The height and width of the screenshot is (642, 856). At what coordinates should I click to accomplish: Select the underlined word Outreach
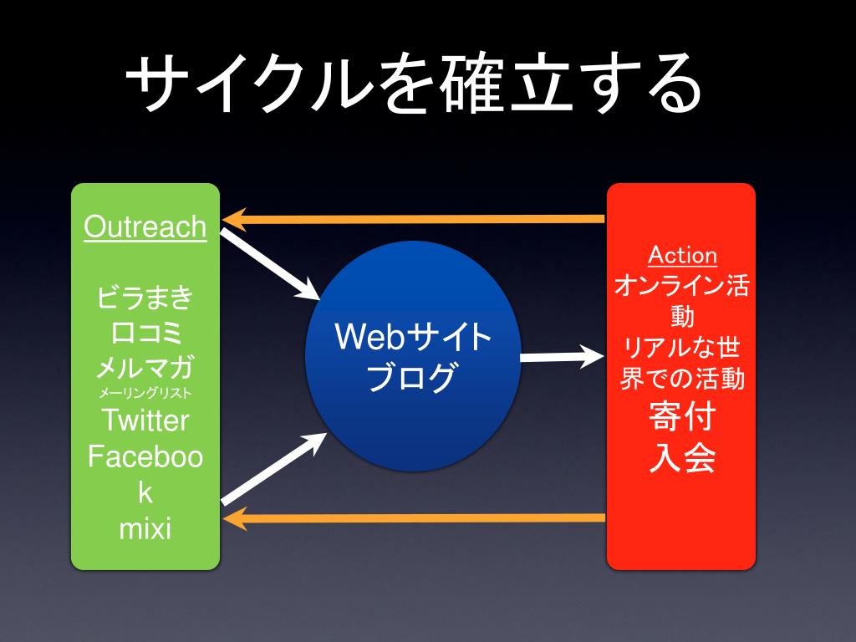[x=145, y=227]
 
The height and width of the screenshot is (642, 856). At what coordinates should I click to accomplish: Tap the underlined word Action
[x=682, y=255]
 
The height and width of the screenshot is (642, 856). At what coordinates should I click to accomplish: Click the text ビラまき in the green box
[x=145, y=297]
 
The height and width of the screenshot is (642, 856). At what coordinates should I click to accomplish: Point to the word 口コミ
[x=145, y=332]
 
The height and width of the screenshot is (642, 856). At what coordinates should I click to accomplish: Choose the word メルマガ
[x=145, y=367]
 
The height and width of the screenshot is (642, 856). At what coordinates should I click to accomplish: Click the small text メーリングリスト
[x=145, y=393]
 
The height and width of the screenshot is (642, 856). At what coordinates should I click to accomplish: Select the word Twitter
[x=145, y=420]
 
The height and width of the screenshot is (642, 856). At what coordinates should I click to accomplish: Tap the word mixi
[x=145, y=528]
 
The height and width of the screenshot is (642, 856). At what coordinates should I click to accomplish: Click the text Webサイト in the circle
[x=413, y=338]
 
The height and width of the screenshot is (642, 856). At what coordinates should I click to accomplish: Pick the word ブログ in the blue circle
[x=413, y=377]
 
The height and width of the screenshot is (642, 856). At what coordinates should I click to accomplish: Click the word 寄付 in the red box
[x=682, y=416]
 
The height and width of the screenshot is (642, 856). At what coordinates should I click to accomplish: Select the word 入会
[x=682, y=457]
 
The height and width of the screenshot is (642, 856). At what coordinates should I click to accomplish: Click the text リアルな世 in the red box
[x=682, y=345]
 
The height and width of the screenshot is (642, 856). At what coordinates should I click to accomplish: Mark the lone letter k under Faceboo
[x=145, y=492]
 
